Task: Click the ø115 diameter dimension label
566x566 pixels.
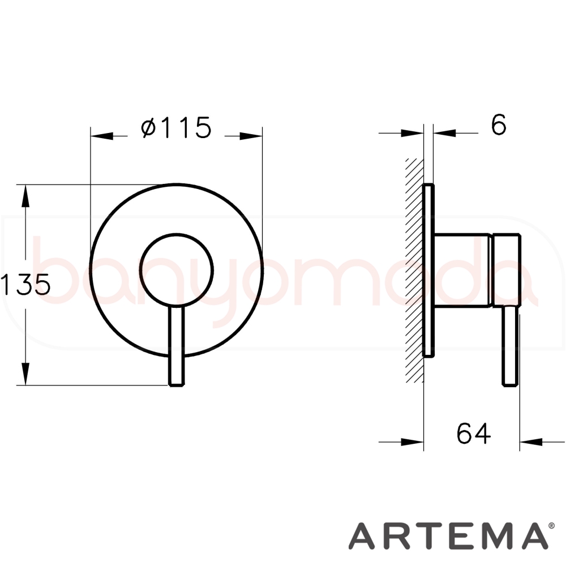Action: pos(176,127)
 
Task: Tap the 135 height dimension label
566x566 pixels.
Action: pos(25,284)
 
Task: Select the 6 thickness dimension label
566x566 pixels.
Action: pos(499,125)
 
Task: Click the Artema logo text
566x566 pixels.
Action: pos(448,535)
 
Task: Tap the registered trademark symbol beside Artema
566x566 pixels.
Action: pos(551,526)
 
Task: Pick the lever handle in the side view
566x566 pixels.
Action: pos(511,346)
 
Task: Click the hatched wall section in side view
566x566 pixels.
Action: pos(414,270)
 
